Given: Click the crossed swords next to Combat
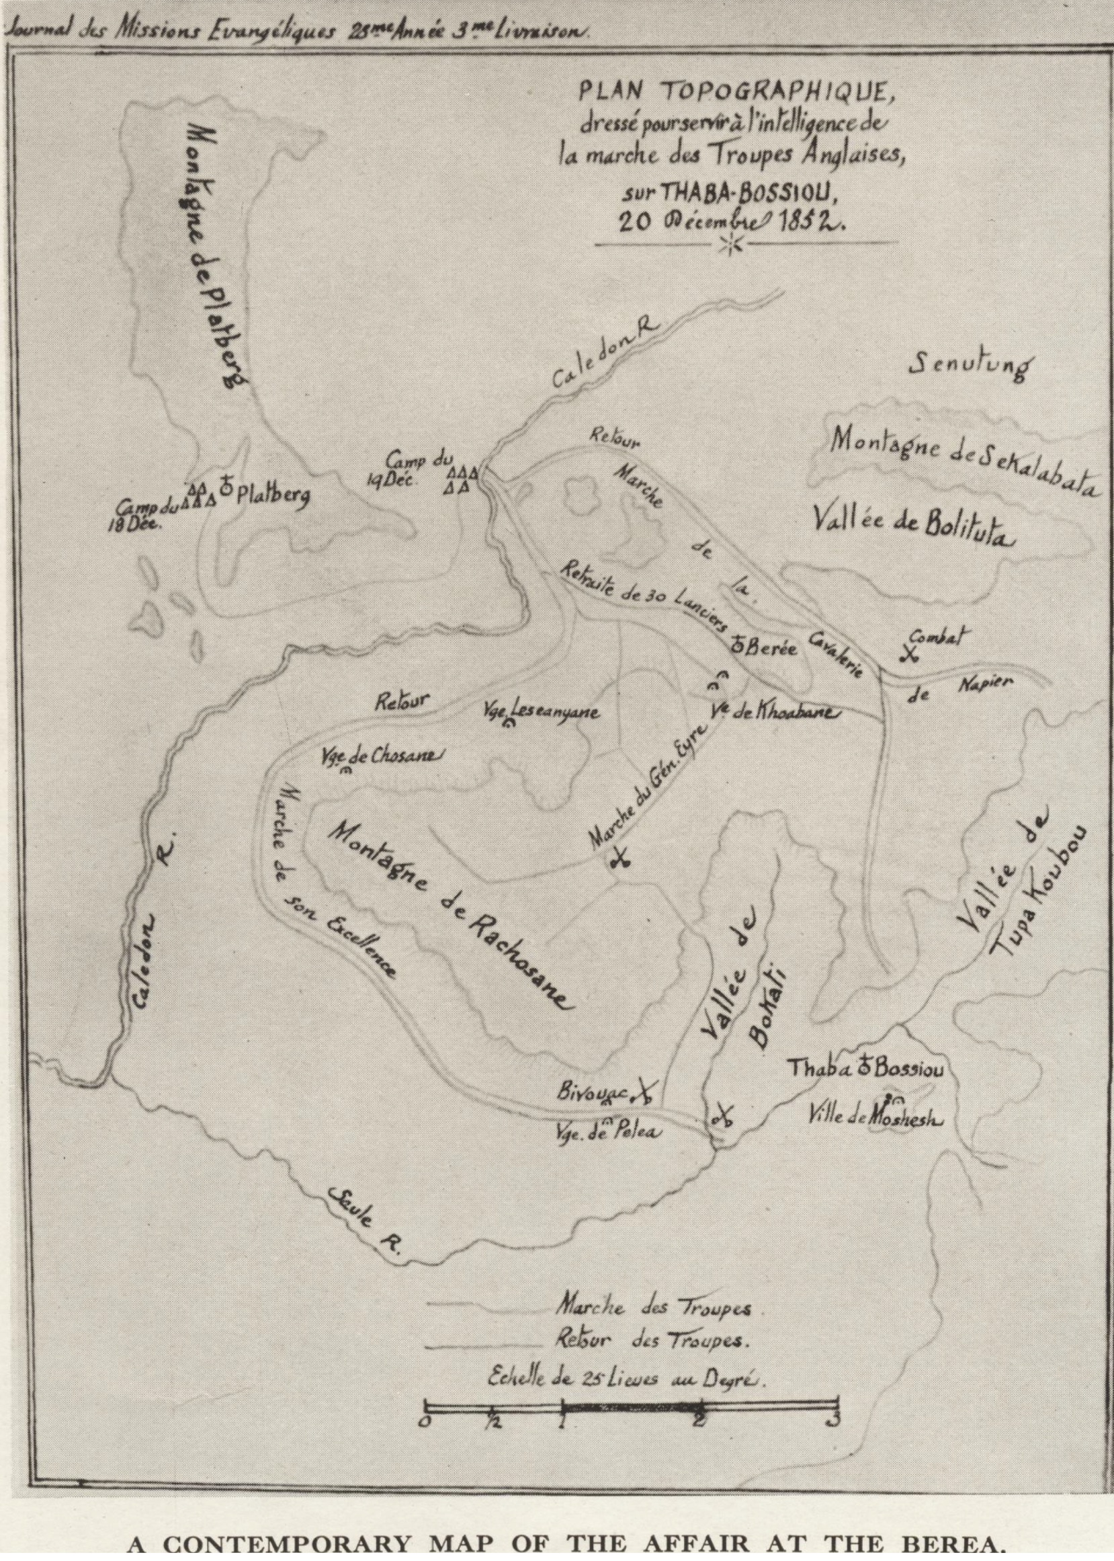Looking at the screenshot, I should tap(910, 653).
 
